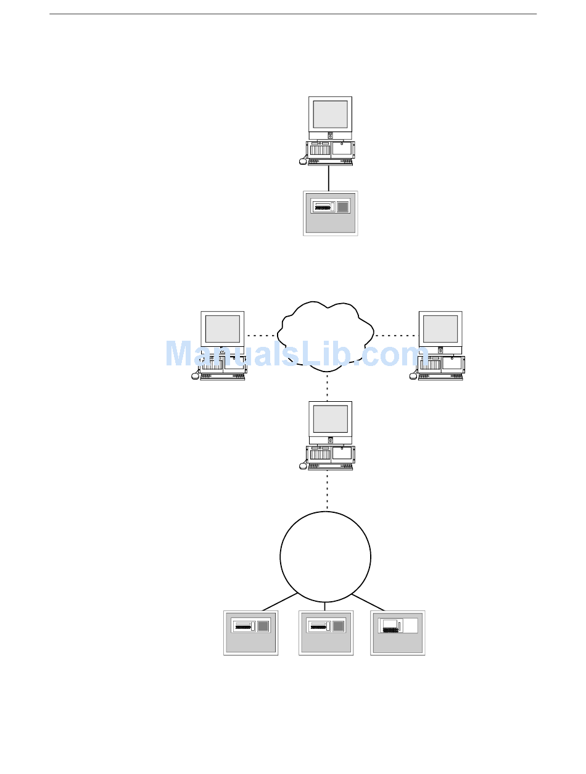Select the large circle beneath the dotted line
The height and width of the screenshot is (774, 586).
coord(325,556)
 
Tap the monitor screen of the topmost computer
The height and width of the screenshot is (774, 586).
coord(330,114)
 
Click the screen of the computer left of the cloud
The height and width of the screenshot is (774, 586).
coord(222,328)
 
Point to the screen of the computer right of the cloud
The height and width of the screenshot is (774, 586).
coord(440,328)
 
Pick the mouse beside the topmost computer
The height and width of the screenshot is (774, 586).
coord(302,162)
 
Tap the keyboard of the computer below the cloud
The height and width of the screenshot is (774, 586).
coord(331,467)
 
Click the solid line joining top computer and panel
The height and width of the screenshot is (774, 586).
coord(329,178)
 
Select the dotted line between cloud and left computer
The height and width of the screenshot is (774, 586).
coord(262,335)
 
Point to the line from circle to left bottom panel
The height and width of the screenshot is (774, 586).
coord(279,602)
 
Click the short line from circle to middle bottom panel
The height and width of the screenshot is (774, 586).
coord(325,606)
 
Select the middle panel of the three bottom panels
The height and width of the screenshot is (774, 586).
coord(326,633)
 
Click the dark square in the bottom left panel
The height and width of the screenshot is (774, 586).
coord(263,626)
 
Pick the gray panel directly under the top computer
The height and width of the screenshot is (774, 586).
coord(331,214)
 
